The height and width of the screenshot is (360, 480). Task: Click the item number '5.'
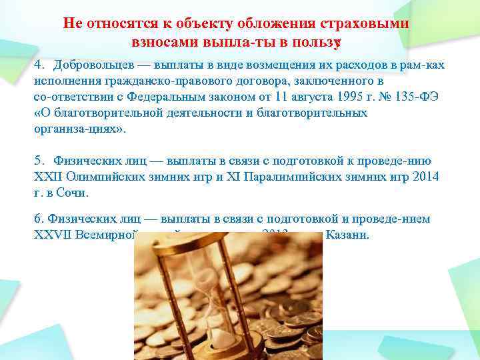[39, 161]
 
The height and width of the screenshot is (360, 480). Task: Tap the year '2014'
[426, 177]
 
